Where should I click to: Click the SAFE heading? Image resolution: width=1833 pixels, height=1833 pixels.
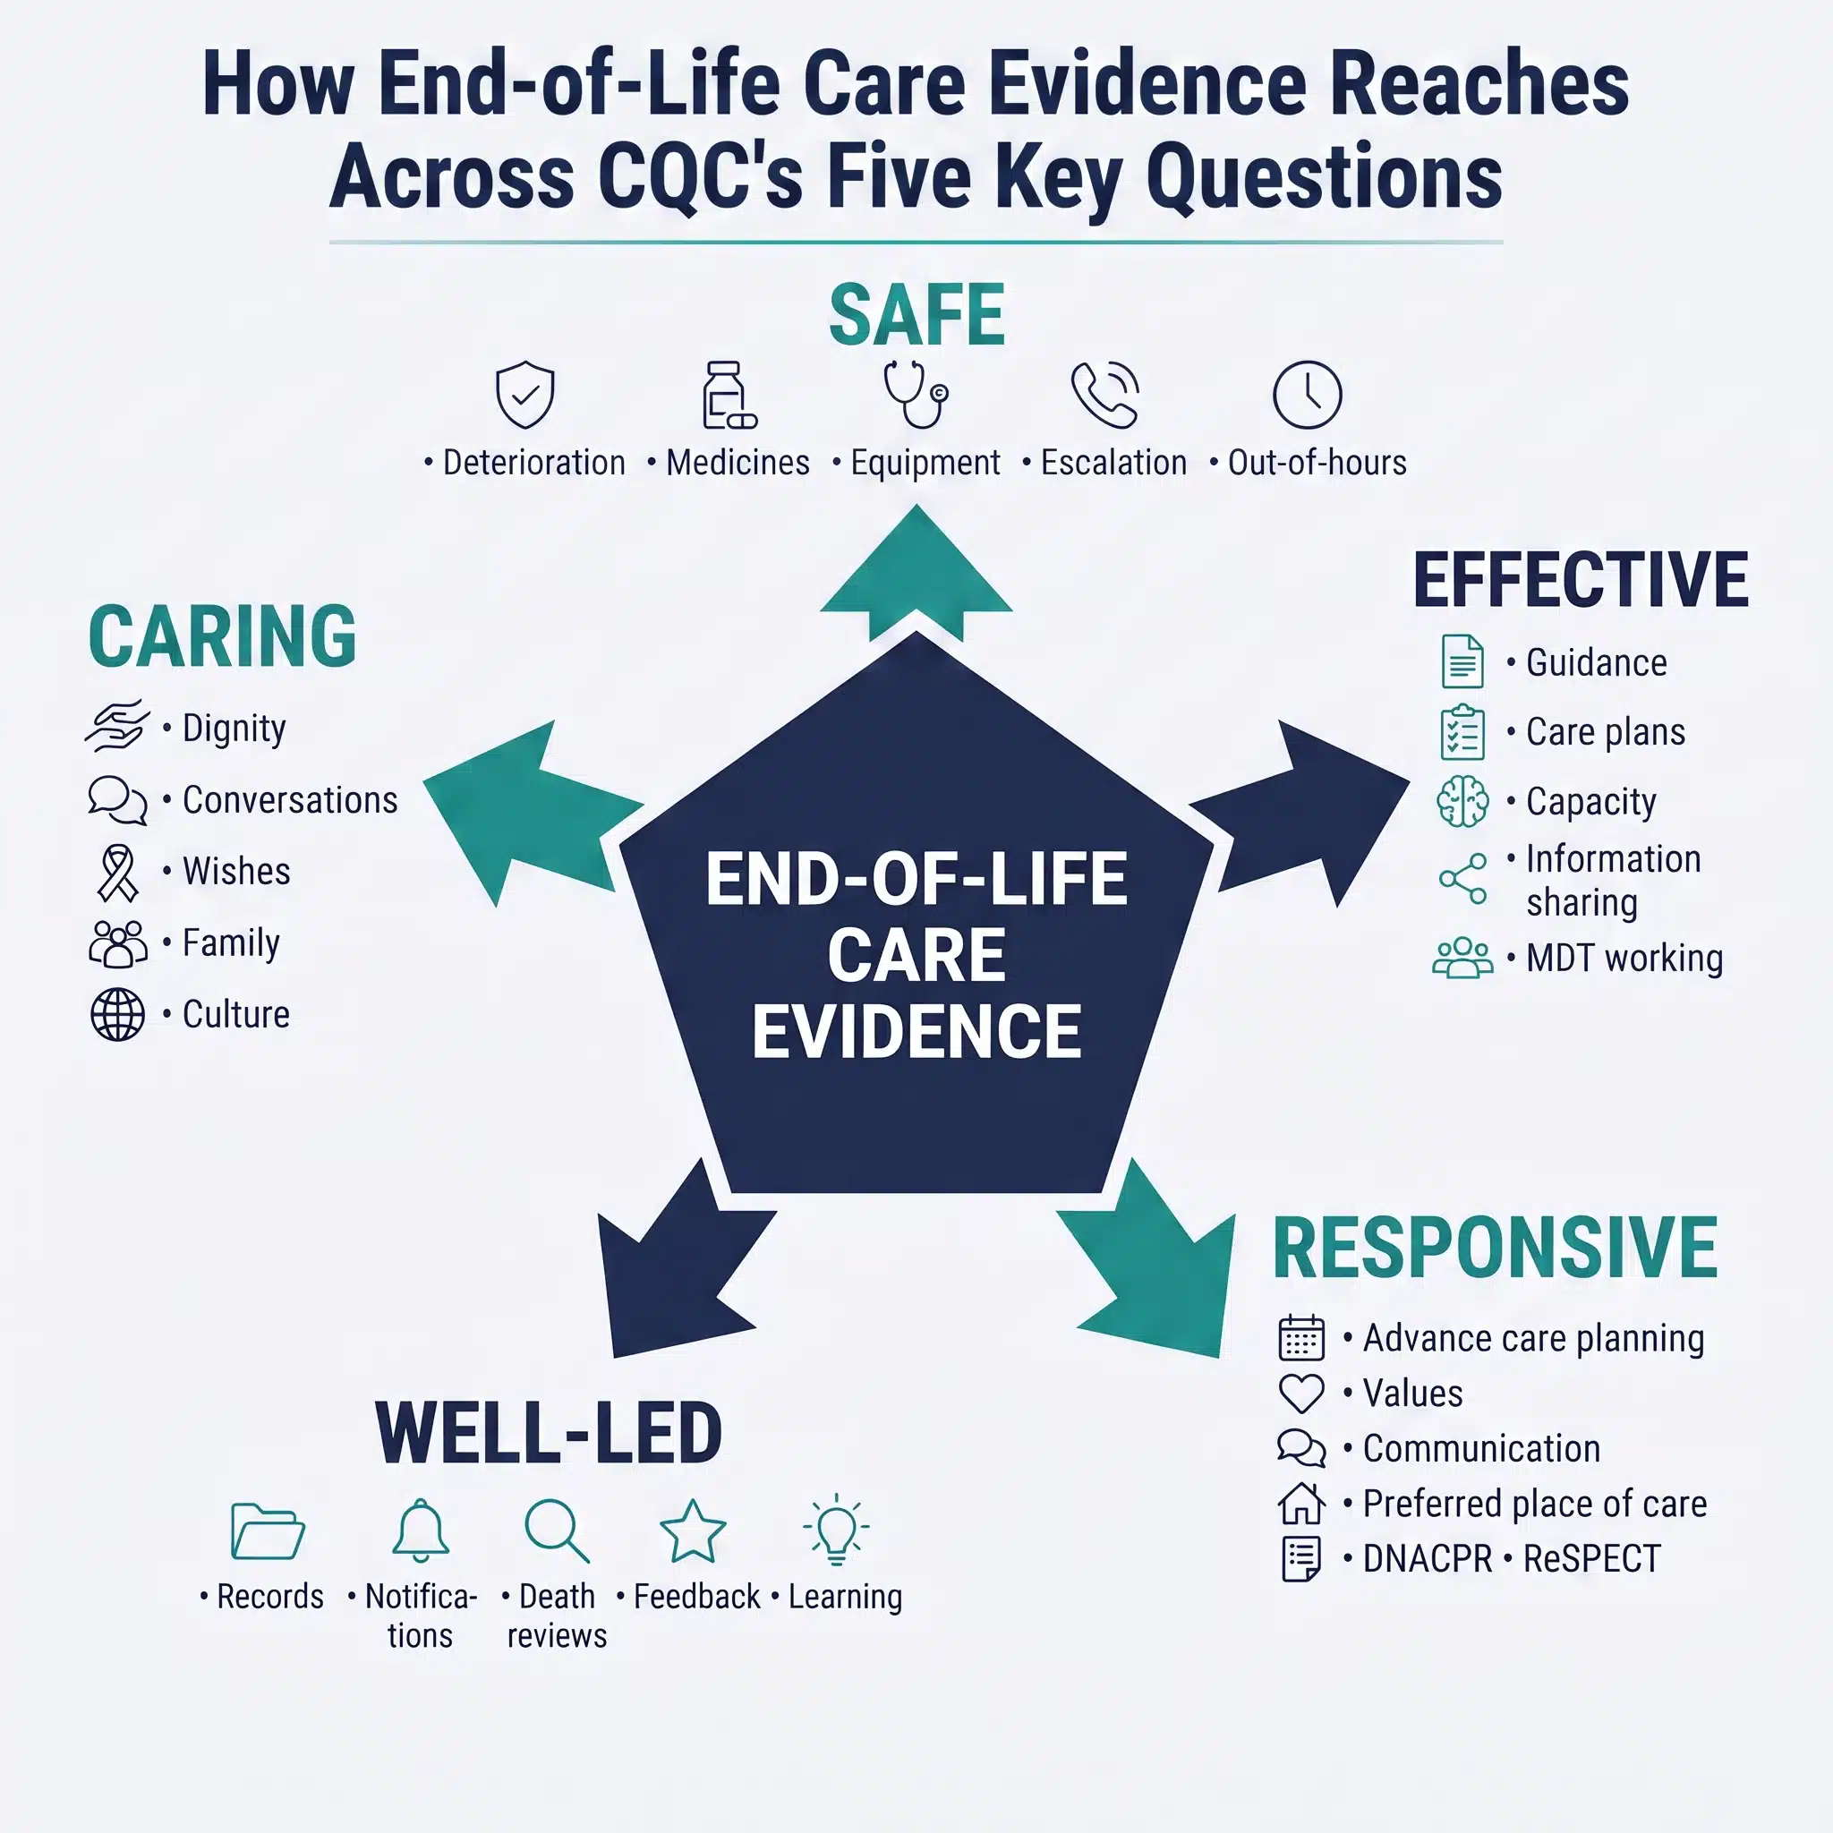click(x=916, y=316)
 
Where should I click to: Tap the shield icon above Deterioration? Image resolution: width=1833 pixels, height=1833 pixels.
click(x=524, y=394)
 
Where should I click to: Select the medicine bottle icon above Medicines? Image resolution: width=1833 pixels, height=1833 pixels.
click(x=729, y=395)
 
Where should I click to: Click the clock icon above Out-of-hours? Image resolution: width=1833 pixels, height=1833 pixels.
click(x=1307, y=395)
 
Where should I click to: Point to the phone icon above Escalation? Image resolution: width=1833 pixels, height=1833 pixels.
click(x=1105, y=395)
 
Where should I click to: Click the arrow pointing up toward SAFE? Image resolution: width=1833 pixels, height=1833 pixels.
click(x=916, y=573)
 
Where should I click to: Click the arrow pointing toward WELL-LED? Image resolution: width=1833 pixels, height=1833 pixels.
click(x=686, y=1258)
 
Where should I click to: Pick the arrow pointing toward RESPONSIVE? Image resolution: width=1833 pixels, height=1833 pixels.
click(x=1147, y=1258)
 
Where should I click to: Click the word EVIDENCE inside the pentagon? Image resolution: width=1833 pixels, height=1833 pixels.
click(x=916, y=1032)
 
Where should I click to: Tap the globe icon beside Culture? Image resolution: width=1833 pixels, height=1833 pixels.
click(x=117, y=1014)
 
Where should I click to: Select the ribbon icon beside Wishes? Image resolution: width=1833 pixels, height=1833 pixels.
click(x=117, y=872)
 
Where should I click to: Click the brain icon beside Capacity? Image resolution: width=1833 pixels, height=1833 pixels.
click(x=1463, y=802)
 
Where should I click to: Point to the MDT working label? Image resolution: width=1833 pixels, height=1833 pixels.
click(x=1624, y=959)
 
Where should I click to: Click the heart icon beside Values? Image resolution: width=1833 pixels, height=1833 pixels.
click(x=1300, y=1394)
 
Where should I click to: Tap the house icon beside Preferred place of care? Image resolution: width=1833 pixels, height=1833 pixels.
click(x=1300, y=1504)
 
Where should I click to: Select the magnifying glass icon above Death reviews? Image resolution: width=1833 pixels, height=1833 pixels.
click(x=557, y=1530)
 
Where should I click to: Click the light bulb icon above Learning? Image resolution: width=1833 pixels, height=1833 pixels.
click(x=836, y=1530)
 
